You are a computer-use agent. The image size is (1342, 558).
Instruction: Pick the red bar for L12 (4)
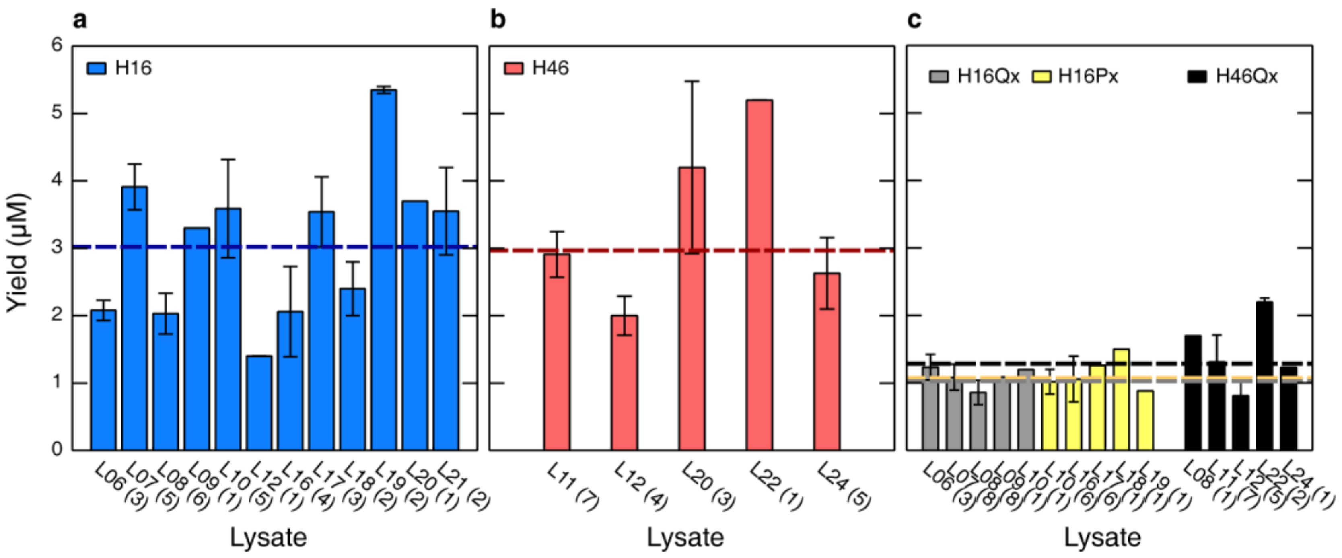point(624,383)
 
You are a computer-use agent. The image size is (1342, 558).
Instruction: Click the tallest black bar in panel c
point(1264,375)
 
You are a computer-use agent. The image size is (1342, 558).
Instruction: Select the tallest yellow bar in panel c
point(1121,399)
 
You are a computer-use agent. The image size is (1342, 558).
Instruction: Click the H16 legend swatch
point(97,68)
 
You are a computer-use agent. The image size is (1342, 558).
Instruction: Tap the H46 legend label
point(550,68)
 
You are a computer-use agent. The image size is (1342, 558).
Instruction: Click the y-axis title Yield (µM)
point(18,254)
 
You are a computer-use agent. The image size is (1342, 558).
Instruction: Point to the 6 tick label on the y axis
point(57,45)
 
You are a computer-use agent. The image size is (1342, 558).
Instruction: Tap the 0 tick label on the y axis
point(57,449)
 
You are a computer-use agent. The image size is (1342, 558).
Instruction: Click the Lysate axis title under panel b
point(685,537)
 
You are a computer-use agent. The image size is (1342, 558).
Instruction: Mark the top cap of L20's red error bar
point(692,81)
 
